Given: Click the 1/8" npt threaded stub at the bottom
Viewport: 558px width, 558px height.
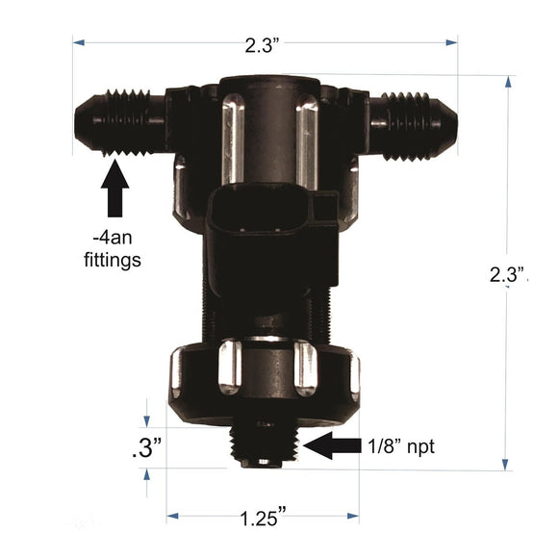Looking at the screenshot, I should click(263, 445).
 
